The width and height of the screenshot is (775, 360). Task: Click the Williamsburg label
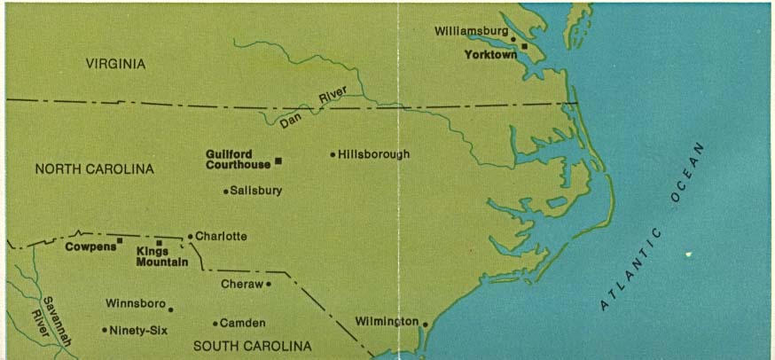(471, 31)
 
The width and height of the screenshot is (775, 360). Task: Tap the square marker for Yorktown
(524, 46)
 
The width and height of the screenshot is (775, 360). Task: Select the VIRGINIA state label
(115, 64)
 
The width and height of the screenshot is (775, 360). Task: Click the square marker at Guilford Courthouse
(278, 160)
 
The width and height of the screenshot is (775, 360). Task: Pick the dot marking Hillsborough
(333, 154)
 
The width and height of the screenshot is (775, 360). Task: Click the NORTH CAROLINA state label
(95, 169)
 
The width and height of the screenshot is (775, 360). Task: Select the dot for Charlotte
(190, 237)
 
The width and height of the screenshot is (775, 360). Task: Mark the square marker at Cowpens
(119, 240)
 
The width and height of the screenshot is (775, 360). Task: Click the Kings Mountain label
(162, 256)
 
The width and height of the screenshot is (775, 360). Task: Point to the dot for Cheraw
(268, 285)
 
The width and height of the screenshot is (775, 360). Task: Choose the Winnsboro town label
(136, 303)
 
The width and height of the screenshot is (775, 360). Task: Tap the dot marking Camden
(215, 324)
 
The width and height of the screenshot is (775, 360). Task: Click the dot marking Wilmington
(425, 324)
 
